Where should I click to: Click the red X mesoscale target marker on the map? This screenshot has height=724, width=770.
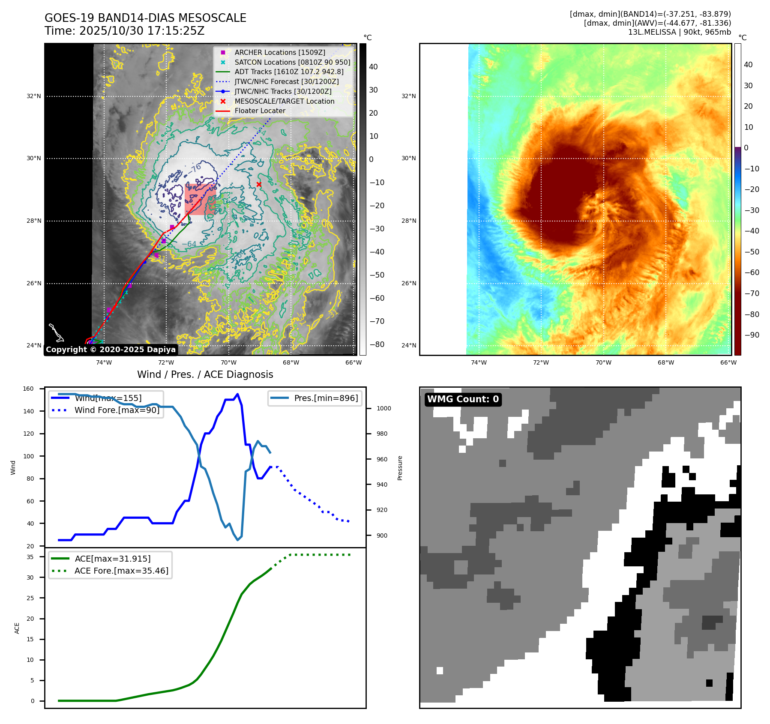click(259, 185)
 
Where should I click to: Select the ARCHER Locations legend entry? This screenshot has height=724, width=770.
click(279, 52)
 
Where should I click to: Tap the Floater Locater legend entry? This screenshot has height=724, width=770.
click(260, 111)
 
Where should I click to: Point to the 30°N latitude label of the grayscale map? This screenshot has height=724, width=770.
click(34, 159)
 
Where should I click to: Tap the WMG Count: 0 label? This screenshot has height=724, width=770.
click(463, 399)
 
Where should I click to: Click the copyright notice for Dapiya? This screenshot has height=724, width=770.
click(111, 350)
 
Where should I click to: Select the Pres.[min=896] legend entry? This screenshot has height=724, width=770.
click(326, 398)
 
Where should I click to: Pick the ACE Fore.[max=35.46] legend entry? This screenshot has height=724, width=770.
click(121, 571)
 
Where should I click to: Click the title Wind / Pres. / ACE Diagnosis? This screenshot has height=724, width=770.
click(205, 374)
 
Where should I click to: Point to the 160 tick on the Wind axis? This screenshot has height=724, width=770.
click(28, 389)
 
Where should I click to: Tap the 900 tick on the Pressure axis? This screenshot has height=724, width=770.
click(382, 536)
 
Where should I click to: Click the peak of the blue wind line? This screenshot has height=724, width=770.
click(237, 394)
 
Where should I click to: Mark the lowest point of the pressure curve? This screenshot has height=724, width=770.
click(238, 540)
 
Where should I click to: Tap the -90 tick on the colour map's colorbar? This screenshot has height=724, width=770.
click(752, 335)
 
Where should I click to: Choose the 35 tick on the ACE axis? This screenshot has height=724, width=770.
click(30, 557)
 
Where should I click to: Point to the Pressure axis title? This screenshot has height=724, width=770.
click(400, 468)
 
